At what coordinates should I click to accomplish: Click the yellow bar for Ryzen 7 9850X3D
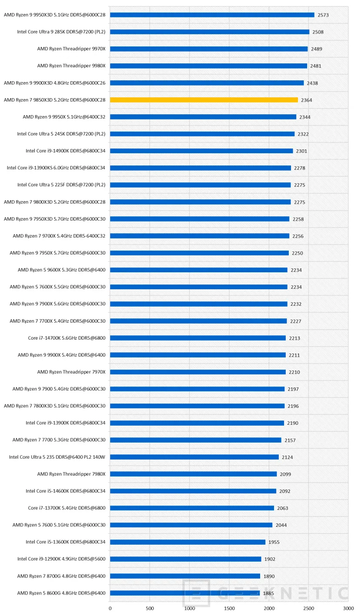coord(204,100)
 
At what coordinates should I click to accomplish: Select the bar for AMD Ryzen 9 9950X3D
coord(212,15)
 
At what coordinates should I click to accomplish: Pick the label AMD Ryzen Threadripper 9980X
coord(71,66)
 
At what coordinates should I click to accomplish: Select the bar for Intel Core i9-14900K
coord(201,151)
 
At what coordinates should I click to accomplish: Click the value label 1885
coord(268,593)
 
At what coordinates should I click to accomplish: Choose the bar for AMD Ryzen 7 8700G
coord(185,576)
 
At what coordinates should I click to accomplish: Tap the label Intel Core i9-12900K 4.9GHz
coord(61,559)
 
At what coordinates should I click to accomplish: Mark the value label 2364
coord(306,100)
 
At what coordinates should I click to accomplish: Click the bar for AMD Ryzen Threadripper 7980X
coord(193,474)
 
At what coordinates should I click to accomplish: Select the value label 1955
coord(274,542)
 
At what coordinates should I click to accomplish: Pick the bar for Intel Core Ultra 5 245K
coord(202,134)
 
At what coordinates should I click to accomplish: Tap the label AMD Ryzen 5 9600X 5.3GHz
coord(62,270)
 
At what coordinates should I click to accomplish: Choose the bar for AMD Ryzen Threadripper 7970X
coord(198,372)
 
